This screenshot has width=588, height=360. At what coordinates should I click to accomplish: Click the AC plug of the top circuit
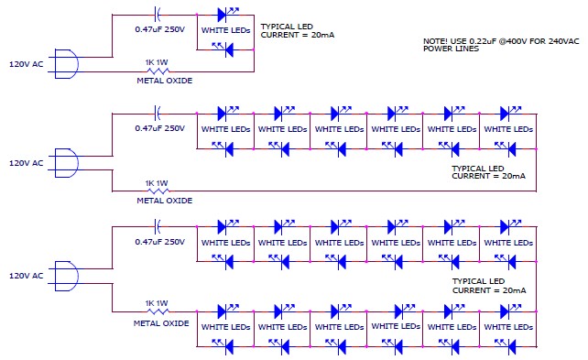(67, 64)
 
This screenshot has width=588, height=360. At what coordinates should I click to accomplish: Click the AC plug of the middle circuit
(67, 163)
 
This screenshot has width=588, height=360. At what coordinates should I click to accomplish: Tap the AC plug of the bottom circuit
(67, 276)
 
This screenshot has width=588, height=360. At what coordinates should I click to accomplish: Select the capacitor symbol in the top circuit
(158, 15)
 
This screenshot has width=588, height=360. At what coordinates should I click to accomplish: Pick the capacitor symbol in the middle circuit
(158, 114)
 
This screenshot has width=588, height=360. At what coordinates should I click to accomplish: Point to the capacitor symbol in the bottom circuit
(158, 226)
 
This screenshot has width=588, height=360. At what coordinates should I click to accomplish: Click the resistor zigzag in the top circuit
(158, 71)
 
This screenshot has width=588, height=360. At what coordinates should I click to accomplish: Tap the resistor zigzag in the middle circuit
(158, 191)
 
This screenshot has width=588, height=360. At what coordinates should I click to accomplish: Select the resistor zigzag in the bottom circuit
(158, 311)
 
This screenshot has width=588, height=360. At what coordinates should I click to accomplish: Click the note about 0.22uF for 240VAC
(501, 45)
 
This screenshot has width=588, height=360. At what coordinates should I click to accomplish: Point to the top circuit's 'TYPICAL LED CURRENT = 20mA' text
(298, 31)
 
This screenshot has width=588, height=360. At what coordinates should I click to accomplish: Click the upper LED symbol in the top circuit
(226, 15)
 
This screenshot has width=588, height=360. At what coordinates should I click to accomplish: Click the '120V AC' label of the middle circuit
(27, 163)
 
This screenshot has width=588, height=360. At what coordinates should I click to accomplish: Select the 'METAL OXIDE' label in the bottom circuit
(161, 323)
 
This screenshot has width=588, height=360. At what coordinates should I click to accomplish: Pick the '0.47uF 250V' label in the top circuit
(160, 29)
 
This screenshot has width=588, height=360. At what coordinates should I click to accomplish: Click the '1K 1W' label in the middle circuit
(157, 183)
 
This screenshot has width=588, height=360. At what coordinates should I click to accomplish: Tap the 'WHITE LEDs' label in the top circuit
(225, 30)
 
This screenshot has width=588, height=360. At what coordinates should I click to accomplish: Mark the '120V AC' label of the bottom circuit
(27, 276)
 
